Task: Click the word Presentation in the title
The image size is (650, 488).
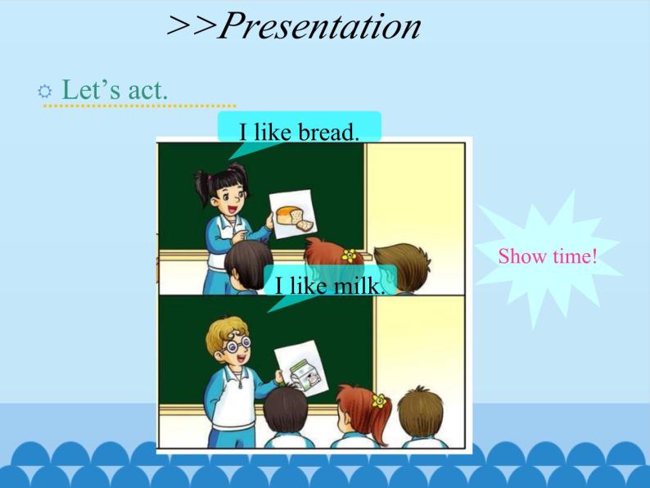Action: coord(320,26)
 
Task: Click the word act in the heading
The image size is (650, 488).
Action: coord(147,89)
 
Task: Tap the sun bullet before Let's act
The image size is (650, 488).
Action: coord(45,90)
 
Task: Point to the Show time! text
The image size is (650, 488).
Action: coord(548,256)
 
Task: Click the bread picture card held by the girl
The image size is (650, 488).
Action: coord(292,214)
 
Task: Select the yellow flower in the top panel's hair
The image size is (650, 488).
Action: coord(348,254)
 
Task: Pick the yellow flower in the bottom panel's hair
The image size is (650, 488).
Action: coord(377,400)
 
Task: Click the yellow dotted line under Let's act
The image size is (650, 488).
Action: coord(139,106)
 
